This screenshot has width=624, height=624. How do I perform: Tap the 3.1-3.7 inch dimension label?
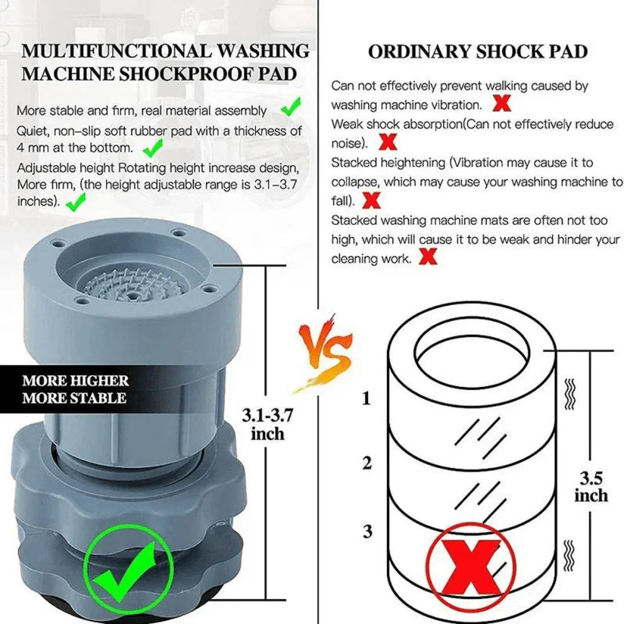coord(267,424)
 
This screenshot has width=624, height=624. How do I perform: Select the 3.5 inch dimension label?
coord(591,486)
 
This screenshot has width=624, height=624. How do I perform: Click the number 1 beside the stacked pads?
coord(367,399)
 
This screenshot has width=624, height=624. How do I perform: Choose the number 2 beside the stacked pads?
coord(367,463)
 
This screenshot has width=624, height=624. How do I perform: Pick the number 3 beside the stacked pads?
coord(367,531)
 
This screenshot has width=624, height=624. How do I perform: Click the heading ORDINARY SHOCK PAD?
coord(478,52)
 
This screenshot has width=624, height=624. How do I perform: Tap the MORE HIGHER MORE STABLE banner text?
coord(75,390)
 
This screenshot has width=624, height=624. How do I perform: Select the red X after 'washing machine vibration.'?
coord(502,103)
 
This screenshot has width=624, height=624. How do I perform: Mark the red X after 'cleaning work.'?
coord(429,257)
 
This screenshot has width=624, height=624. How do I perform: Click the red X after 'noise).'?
coord(389,142)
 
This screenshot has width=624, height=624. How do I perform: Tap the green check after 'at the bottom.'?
coord(152,148)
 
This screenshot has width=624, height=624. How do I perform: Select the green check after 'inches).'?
coord(76,202)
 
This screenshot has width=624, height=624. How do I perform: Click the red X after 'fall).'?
coord(373,200)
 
